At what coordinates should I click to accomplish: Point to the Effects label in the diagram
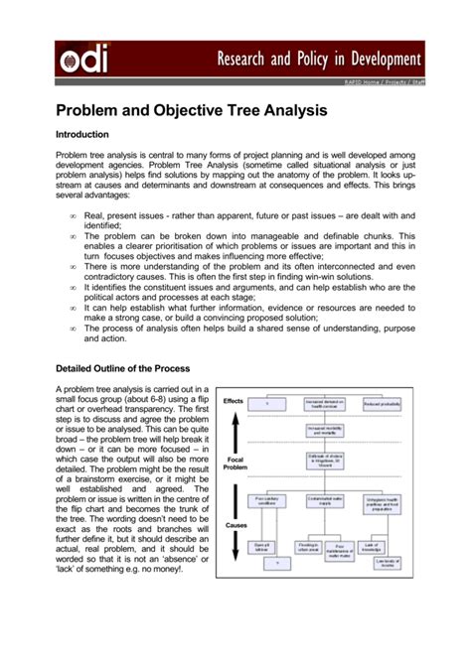click(233, 401)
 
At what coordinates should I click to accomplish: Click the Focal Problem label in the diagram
click(235, 465)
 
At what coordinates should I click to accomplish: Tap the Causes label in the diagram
click(235, 524)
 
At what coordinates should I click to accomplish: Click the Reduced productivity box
click(382, 403)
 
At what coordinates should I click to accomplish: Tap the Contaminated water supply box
click(324, 502)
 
